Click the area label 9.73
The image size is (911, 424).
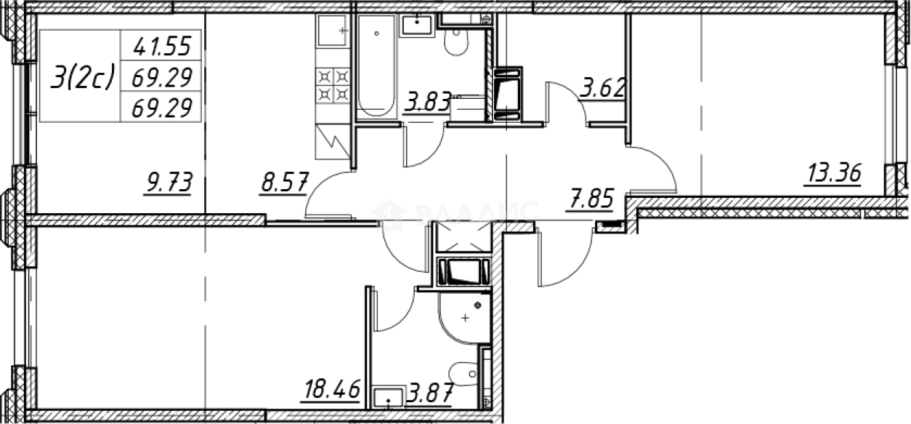pyautogui.click(x=169, y=183)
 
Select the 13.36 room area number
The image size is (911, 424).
pyautogui.click(x=832, y=175)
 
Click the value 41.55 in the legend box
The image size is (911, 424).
pyautogui.click(x=161, y=47)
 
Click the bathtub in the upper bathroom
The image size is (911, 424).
pyautogui.click(x=376, y=66)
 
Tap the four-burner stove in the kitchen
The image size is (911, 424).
pyautogui.click(x=333, y=84)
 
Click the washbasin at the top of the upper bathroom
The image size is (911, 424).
pyautogui.click(x=417, y=24)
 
